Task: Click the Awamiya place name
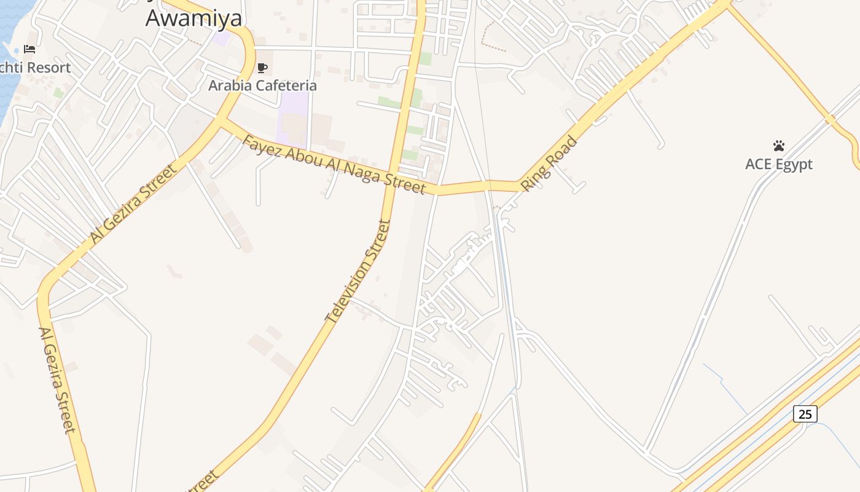coord(193,18)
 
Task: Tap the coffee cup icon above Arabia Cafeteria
coord(263,68)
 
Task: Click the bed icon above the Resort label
coord(29,49)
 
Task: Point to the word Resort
coord(48,68)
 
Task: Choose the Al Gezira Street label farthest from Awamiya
coord(57,379)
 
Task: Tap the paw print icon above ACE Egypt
coord(779,146)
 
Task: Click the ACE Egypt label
coord(779,164)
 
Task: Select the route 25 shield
coord(805,414)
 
